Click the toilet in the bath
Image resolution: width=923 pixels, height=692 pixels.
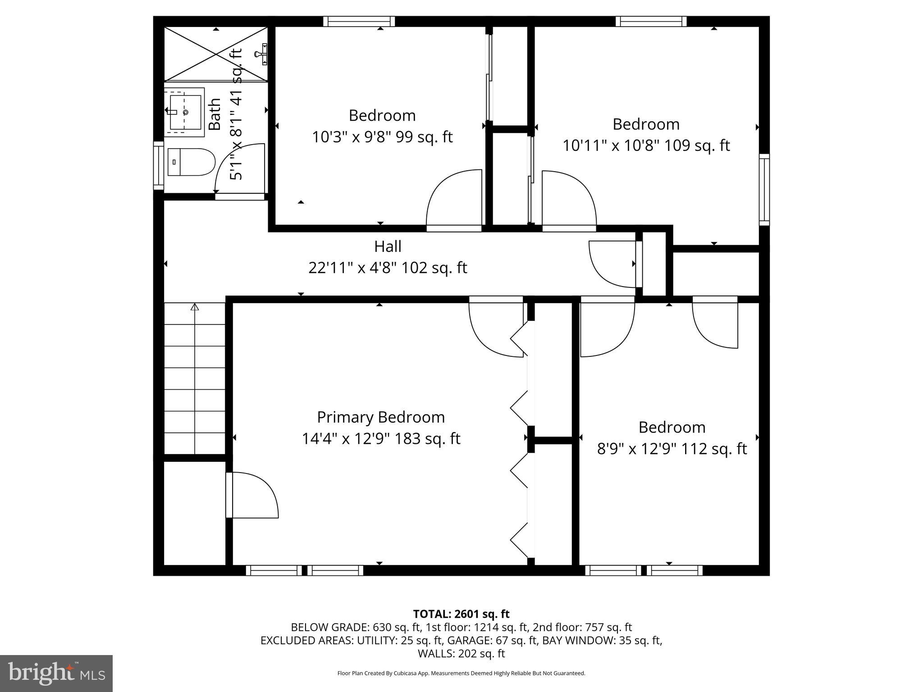[x=191, y=162]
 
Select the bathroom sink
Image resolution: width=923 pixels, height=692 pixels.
[x=185, y=112]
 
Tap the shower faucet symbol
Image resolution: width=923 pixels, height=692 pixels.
[x=261, y=54]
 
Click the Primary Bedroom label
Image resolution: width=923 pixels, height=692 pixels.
[x=381, y=417]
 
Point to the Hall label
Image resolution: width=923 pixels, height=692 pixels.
[x=388, y=246]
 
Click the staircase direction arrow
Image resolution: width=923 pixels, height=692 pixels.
[x=195, y=308]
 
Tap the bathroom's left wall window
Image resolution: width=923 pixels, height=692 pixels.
[x=158, y=165]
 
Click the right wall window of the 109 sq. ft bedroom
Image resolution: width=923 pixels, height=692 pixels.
[x=764, y=189]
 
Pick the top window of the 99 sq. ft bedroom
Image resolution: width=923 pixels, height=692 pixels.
[x=359, y=21]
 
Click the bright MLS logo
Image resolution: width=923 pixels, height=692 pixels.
[x=56, y=673]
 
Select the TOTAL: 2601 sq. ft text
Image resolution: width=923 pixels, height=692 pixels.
[x=461, y=614]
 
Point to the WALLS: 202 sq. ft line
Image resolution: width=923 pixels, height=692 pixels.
[x=461, y=653]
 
